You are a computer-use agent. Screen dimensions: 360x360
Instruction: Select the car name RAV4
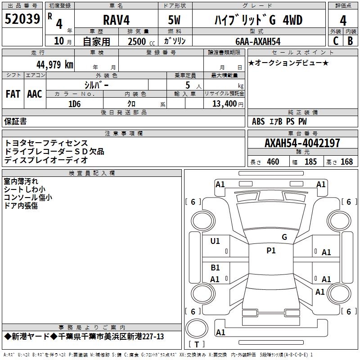[116, 20]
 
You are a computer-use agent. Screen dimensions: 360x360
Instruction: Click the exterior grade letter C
[335, 41]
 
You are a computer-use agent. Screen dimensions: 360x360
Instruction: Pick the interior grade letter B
[350, 41]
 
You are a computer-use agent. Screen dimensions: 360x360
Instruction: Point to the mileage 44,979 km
[52, 64]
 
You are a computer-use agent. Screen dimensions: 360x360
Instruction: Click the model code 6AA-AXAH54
[258, 41]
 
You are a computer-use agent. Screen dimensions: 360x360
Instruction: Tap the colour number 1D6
[74, 103]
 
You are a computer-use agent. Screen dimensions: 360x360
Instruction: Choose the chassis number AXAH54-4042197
[302, 143]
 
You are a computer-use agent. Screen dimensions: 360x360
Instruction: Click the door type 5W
[175, 20]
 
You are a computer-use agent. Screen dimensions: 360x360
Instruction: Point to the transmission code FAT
[13, 94]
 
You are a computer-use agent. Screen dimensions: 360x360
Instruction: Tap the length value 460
[273, 162]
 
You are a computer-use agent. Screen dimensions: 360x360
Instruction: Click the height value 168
[346, 162]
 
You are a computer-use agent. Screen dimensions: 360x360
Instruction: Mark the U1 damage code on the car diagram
[215, 241]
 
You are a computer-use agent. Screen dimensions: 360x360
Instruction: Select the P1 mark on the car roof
[271, 251]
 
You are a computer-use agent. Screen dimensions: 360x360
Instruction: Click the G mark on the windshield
[284, 237]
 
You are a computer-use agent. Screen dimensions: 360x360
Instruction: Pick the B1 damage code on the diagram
[215, 268]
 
